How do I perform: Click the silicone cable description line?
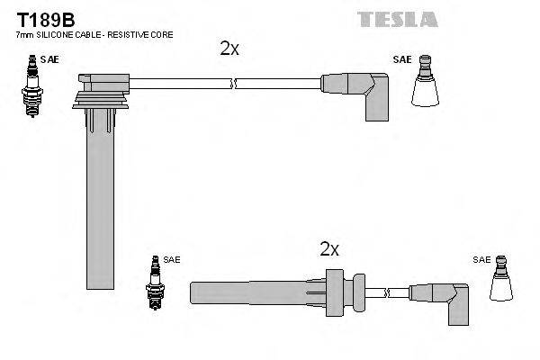[x=94, y=34]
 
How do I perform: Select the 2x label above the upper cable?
[x=229, y=49]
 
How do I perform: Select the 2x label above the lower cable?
[x=329, y=249]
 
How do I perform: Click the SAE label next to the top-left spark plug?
[x=53, y=58]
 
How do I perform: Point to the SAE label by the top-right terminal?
[x=401, y=60]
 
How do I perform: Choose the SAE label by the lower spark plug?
[x=171, y=259]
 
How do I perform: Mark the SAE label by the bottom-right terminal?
[x=481, y=260]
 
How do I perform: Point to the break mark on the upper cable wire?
[x=234, y=85]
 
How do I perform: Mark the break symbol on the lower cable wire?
[x=386, y=292]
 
